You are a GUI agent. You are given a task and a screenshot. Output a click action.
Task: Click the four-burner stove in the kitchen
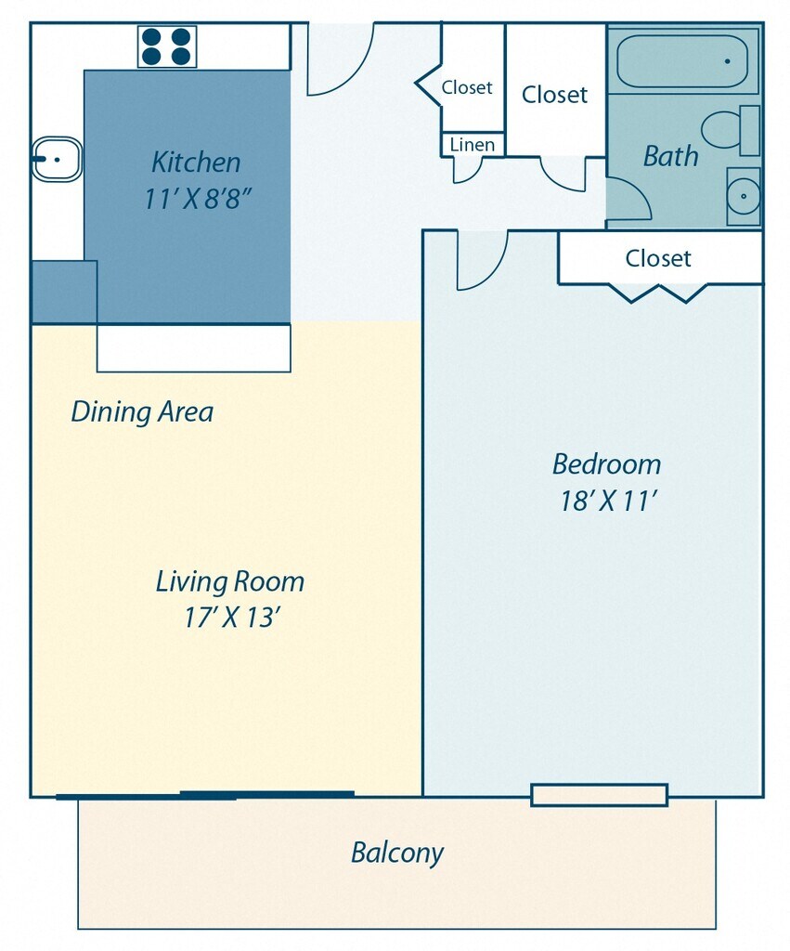(167, 46)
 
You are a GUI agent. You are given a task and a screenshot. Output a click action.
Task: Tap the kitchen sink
(57, 160)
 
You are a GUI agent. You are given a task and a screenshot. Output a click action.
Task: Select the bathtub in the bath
(682, 61)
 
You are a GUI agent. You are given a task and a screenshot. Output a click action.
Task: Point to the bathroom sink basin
(744, 196)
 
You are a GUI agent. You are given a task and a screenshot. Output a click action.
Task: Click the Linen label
(473, 145)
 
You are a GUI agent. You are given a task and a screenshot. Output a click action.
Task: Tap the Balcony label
(397, 853)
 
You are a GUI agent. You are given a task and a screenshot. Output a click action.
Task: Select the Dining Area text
(142, 411)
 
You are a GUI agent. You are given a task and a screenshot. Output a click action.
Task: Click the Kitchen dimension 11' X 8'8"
(197, 199)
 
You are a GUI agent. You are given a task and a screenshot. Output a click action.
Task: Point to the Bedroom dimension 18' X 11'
(608, 501)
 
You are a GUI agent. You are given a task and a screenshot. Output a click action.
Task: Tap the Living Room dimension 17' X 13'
(231, 618)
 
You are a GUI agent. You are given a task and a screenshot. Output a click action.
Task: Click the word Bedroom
(606, 464)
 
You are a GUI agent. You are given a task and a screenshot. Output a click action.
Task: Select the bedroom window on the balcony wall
(599, 795)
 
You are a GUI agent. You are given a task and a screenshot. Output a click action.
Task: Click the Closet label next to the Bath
(554, 95)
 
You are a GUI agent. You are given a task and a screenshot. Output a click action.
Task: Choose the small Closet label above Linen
(467, 87)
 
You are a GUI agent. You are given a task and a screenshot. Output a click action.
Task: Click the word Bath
(670, 156)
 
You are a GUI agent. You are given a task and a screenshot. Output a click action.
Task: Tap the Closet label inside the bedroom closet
(658, 258)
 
